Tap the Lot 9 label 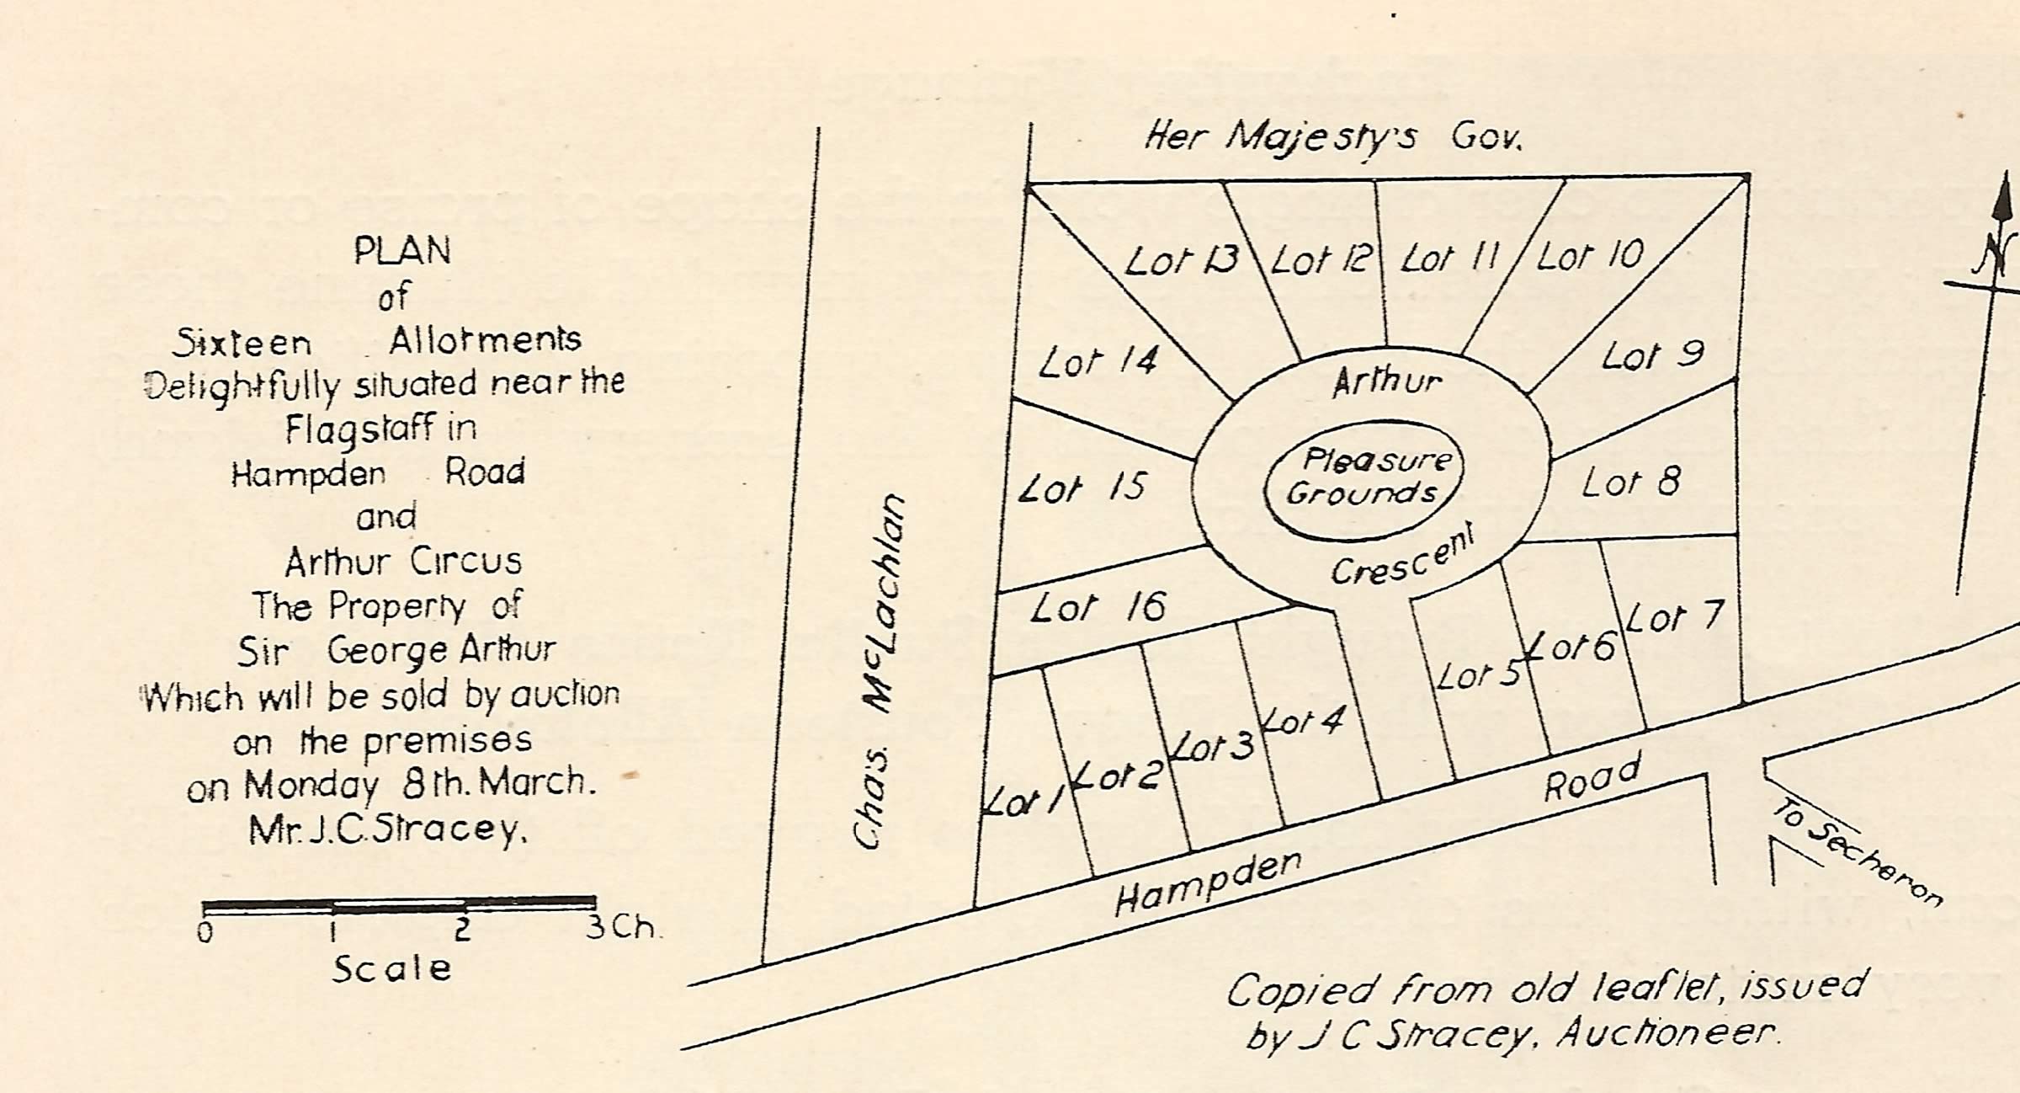pos(1652,355)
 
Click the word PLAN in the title pos(402,251)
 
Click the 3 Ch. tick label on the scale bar pos(619,927)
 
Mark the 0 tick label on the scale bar pos(205,933)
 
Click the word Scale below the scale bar pos(391,969)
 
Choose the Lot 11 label pos(1450,258)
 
